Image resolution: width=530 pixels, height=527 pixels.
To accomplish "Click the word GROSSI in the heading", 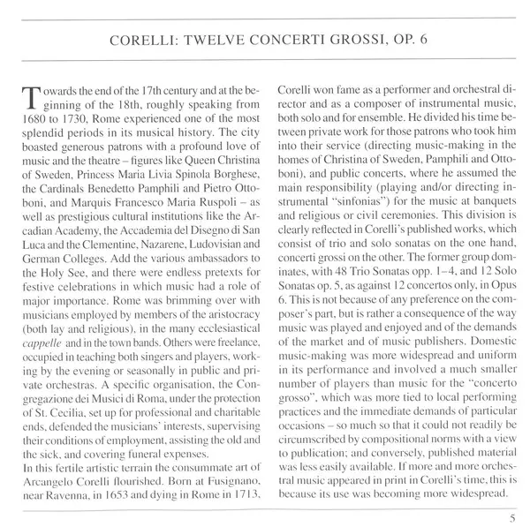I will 330,41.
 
